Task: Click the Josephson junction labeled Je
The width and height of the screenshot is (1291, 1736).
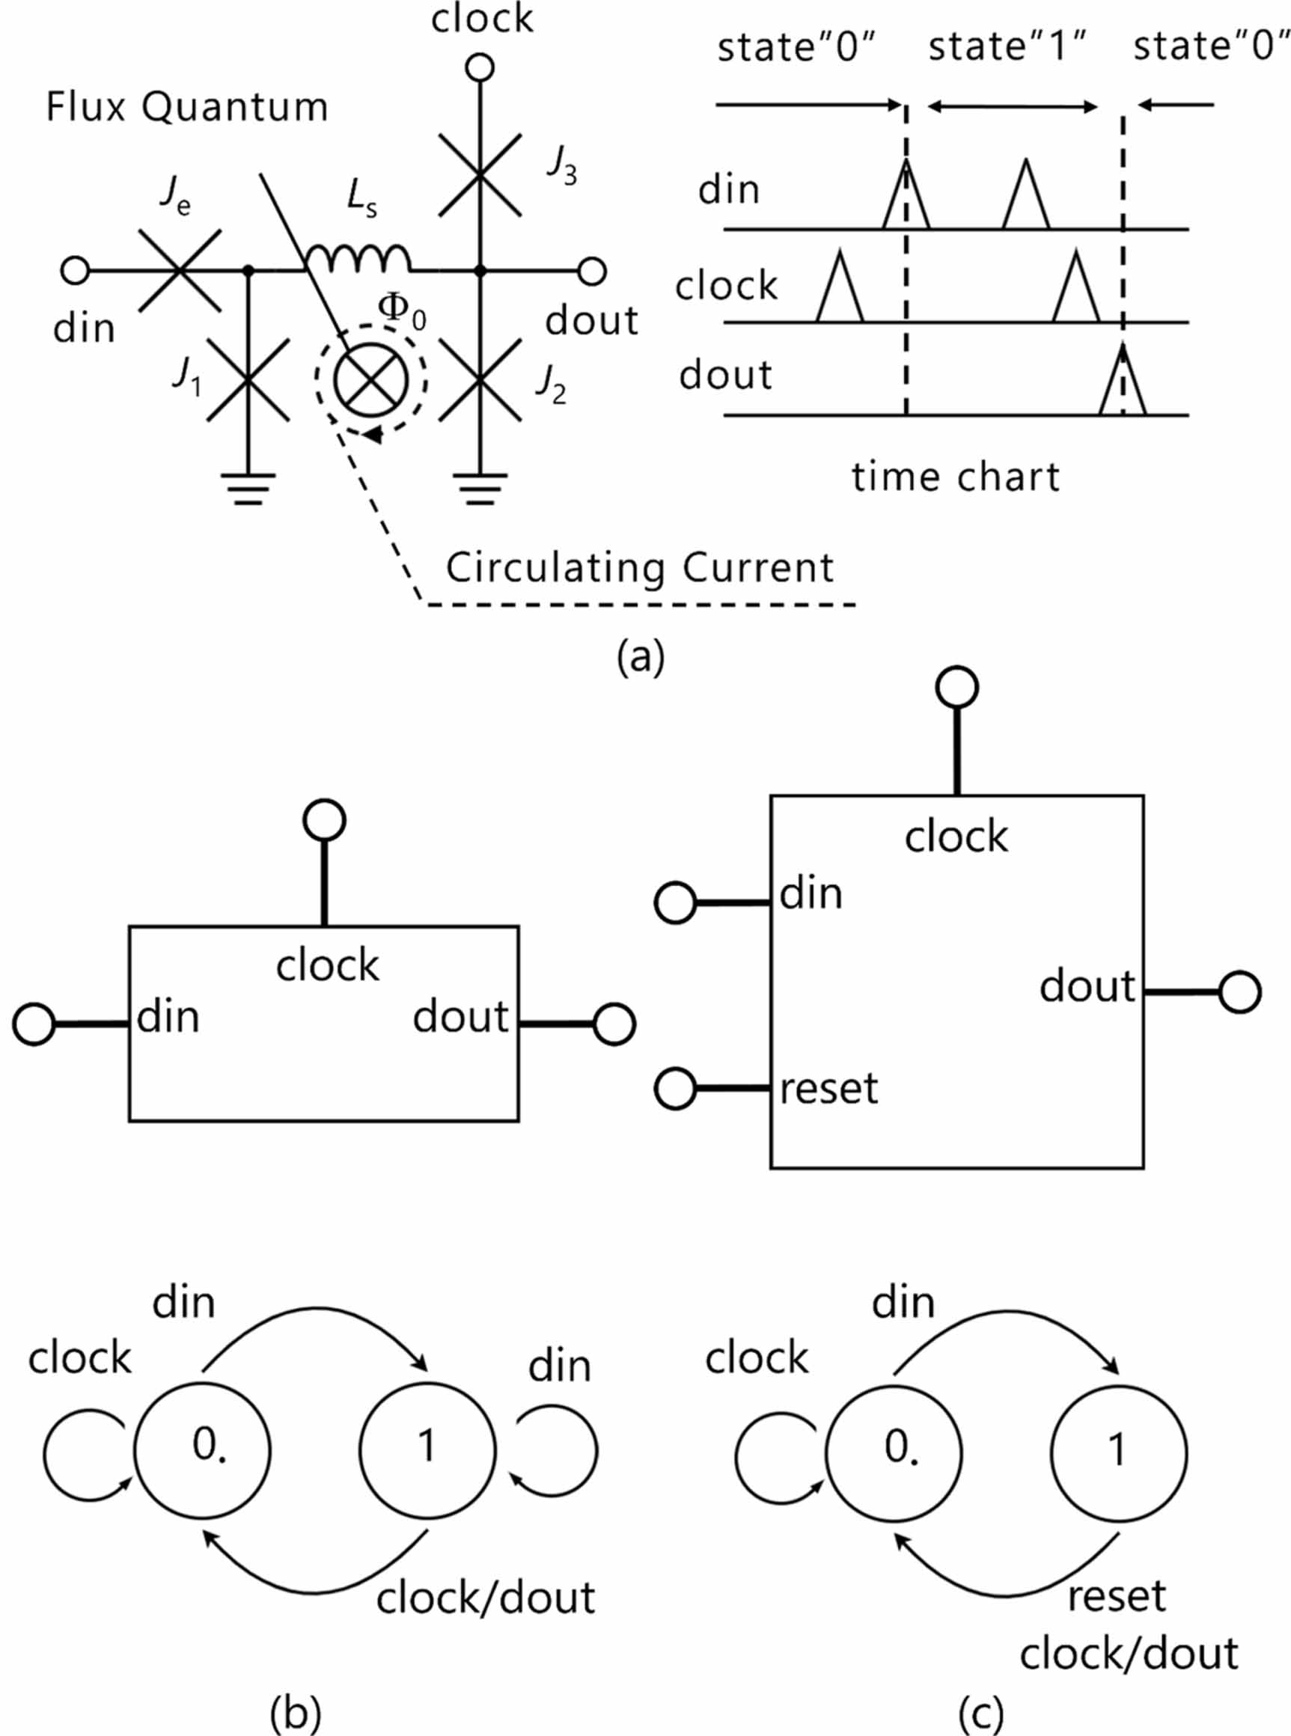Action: [x=180, y=270]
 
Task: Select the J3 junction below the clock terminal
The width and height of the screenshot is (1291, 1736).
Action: [x=480, y=174]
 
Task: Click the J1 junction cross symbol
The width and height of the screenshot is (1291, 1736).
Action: [x=248, y=379]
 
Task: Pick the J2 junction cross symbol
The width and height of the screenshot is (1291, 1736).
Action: [x=480, y=379]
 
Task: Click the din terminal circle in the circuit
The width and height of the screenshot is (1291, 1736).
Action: [x=75, y=271]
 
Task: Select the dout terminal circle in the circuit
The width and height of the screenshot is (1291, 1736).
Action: [x=591, y=271]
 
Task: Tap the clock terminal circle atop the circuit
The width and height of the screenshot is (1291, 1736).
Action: [x=480, y=68]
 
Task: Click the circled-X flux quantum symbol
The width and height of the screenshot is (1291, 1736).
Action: [x=371, y=380]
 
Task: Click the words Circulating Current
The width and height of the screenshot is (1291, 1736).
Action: [x=639, y=568]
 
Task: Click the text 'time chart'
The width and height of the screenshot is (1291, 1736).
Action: [x=955, y=477]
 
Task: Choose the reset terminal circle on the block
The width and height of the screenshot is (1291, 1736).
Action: [x=675, y=1088]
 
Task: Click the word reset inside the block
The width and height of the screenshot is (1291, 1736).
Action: [x=829, y=1088]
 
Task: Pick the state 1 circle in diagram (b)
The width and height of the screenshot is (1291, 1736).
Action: [x=427, y=1450]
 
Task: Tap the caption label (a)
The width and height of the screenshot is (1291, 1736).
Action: [x=640, y=657]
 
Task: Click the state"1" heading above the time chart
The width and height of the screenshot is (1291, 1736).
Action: [x=1007, y=47]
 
